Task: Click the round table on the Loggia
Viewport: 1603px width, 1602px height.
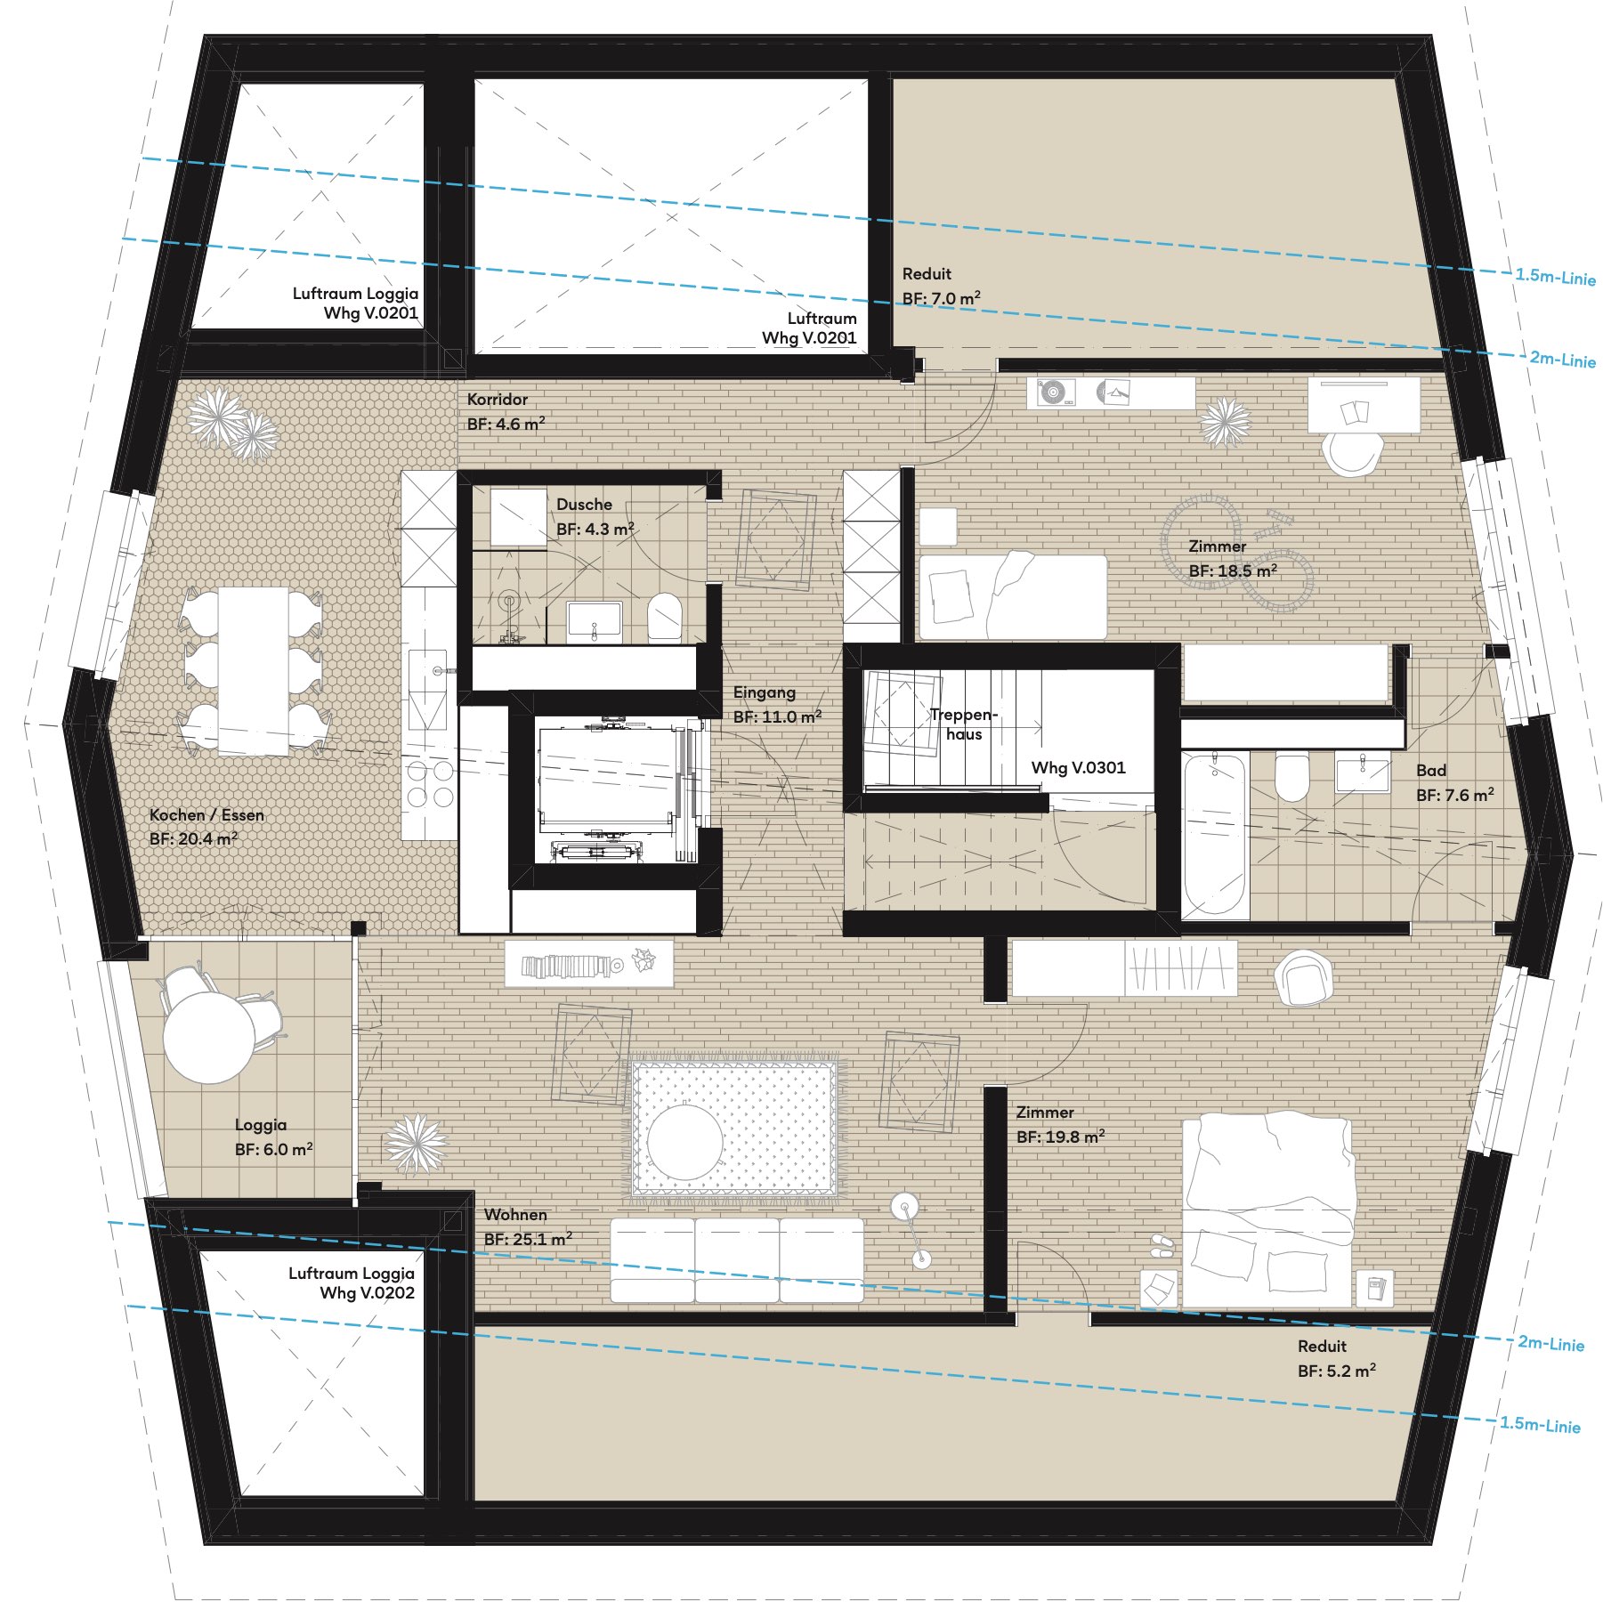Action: click(x=209, y=1038)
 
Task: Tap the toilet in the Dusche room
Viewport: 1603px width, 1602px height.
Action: click(x=664, y=617)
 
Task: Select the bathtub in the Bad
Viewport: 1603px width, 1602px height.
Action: click(x=1215, y=835)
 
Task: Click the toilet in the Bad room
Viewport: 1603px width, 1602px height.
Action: click(x=1291, y=778)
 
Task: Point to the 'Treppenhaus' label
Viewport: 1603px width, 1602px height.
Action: click(x=964, y=724)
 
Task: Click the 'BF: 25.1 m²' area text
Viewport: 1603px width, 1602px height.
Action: click(x=528, y=1239)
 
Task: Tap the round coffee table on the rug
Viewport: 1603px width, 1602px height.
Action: click(x=685, y=1141)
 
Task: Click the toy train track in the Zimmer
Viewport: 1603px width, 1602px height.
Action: click(x=1237, y=554)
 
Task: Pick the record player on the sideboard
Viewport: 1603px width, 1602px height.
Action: click(x=1051, y=392)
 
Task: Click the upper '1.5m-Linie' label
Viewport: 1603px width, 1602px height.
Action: click(x=1556, y=277)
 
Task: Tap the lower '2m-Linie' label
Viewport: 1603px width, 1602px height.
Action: click(x=1551, y=1343)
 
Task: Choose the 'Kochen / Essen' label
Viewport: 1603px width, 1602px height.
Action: click(x=206, y=814)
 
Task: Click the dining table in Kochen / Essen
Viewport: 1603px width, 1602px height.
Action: click(x=254, y=672)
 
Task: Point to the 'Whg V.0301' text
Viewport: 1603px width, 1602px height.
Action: click(x=1078, y=767)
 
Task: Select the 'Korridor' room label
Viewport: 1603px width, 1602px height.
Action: click(x=498, y=399)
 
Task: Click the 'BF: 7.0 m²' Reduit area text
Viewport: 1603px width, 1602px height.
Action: click(x=942, y=298)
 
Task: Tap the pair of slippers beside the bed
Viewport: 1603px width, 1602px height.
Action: click(x=1162, y=1244)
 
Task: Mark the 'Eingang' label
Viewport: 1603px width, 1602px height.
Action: click(x=765, y=692)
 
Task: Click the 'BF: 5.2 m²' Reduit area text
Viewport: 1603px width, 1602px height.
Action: click(x=1337, y=1371)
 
